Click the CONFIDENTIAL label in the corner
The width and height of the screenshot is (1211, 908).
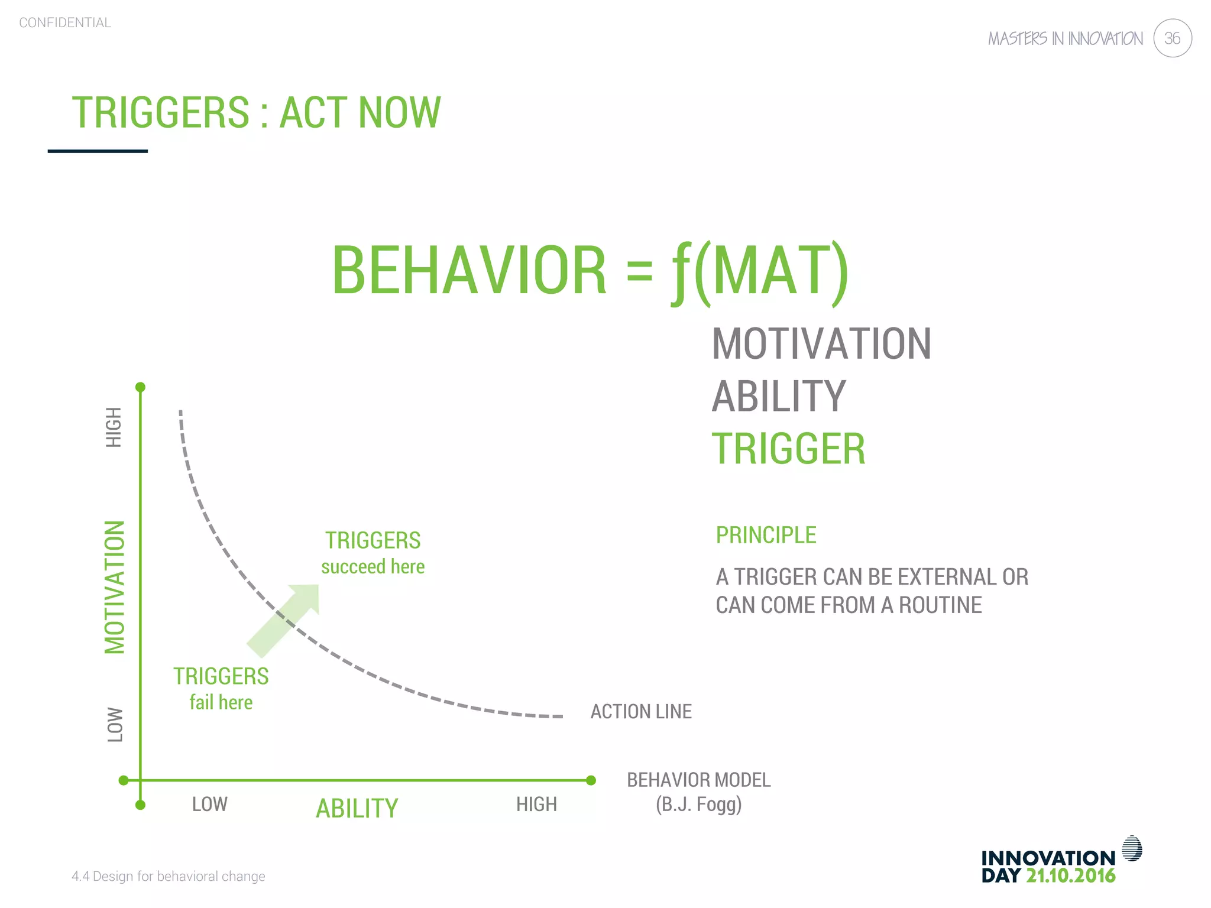coord(65,23)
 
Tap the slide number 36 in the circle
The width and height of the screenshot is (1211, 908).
coord(1172,38)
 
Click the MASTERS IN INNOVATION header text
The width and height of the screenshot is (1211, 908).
coord(1065,39)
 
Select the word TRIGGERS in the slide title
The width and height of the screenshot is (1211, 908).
coord(161,112)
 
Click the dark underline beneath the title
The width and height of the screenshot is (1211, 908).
coord(98,151)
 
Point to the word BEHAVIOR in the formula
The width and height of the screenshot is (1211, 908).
coord(469,271)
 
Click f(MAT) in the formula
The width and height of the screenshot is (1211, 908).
coord(760,271)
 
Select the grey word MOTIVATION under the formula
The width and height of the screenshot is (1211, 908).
coord(821,344)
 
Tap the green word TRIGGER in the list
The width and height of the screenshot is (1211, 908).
coord(788,449)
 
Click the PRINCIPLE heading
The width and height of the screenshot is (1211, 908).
coord(766,535)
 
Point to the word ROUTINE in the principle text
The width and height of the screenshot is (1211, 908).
coord(940,605)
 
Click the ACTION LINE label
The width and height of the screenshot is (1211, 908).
coord(641,712)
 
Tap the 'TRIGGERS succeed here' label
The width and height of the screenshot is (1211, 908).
coord(373,553)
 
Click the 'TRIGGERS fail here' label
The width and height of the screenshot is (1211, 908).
coord(221,689)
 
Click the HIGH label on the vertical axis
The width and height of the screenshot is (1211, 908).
coord(114,427)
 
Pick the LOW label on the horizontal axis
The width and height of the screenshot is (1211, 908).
coord(209,805)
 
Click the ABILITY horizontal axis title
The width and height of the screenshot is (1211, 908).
coord(357,809)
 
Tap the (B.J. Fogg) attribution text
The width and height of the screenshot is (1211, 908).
coord(698,805)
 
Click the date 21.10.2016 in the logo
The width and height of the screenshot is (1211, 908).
coord(1070,875)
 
